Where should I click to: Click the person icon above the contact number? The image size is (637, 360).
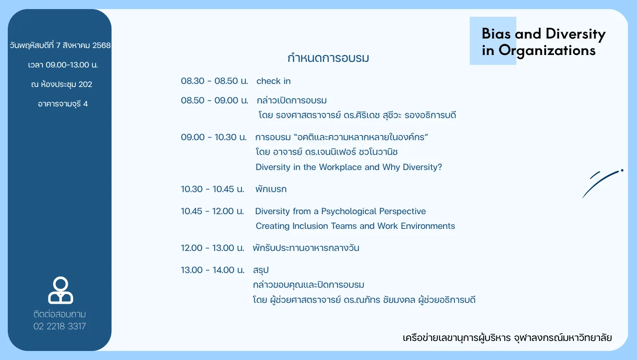pyautogui.click(x=61, y=290)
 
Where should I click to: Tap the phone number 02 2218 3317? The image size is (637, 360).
pyautogui.click(x=59, y=326)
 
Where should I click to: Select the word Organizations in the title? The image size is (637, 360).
pyautogui.click(x=547, y=51)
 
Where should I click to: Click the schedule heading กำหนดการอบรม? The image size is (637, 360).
pyautogui.click(x=328, y=58)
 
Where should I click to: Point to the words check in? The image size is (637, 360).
pyautogui.click(x=273, y=81)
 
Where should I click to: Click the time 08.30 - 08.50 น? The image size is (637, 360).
pyautogui.click(x=214, y=81)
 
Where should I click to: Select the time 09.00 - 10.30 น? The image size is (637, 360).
pyautogui.click(x=214, y=137)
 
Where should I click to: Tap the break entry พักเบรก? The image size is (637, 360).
pyautogui.click(x=271, y=189)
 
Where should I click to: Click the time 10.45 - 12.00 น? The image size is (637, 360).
pyautogui.click(x=212, y=211)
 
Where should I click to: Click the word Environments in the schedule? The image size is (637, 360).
pyautogui.click(x=428, y=226)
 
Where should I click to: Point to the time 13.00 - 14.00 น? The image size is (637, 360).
pyautogui.click(x=213, y=270)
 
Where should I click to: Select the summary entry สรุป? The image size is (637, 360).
pyautogui.click(x=261, y=270)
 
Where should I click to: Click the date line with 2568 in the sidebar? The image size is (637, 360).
pyautogui.click(x=60, y=45)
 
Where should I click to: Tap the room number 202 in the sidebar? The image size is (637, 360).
pyautogui.click(x=85, y=84)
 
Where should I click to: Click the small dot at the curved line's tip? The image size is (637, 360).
pyautogui.click(x=622, y=170)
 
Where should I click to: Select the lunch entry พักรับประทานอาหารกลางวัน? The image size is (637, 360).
pyautogui.click(x=306, y=248)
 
